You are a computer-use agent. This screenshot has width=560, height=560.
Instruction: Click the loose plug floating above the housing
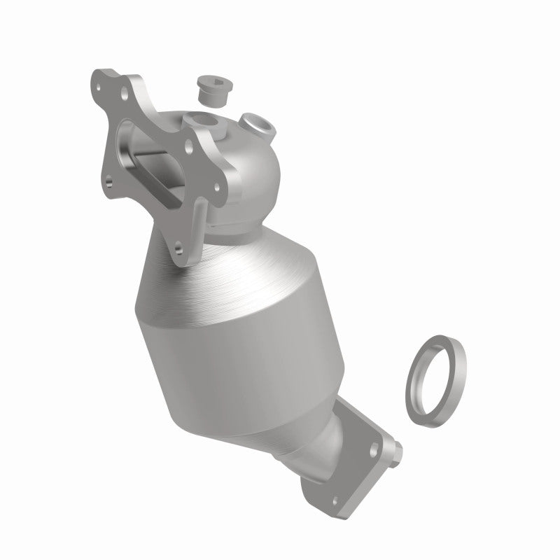tap(209, 90)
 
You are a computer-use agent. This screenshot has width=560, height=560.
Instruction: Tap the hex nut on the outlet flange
tap(396, 447)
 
